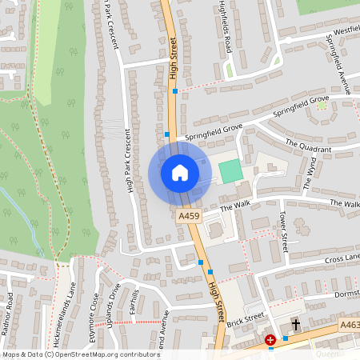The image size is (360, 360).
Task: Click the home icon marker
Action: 180,172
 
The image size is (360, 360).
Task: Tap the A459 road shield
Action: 189,216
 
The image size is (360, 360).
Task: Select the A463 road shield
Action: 349,325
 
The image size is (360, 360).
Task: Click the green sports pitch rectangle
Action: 230,170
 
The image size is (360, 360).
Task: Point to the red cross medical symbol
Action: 270,341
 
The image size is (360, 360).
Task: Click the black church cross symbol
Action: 295,325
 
